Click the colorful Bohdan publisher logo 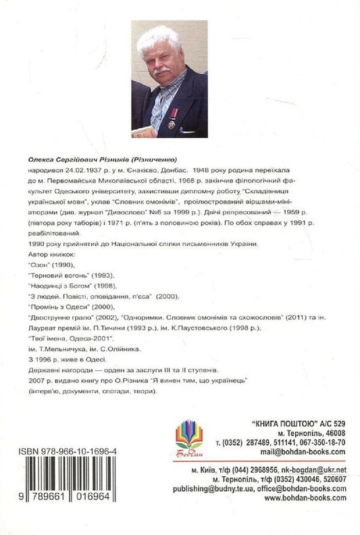point(188,437)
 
